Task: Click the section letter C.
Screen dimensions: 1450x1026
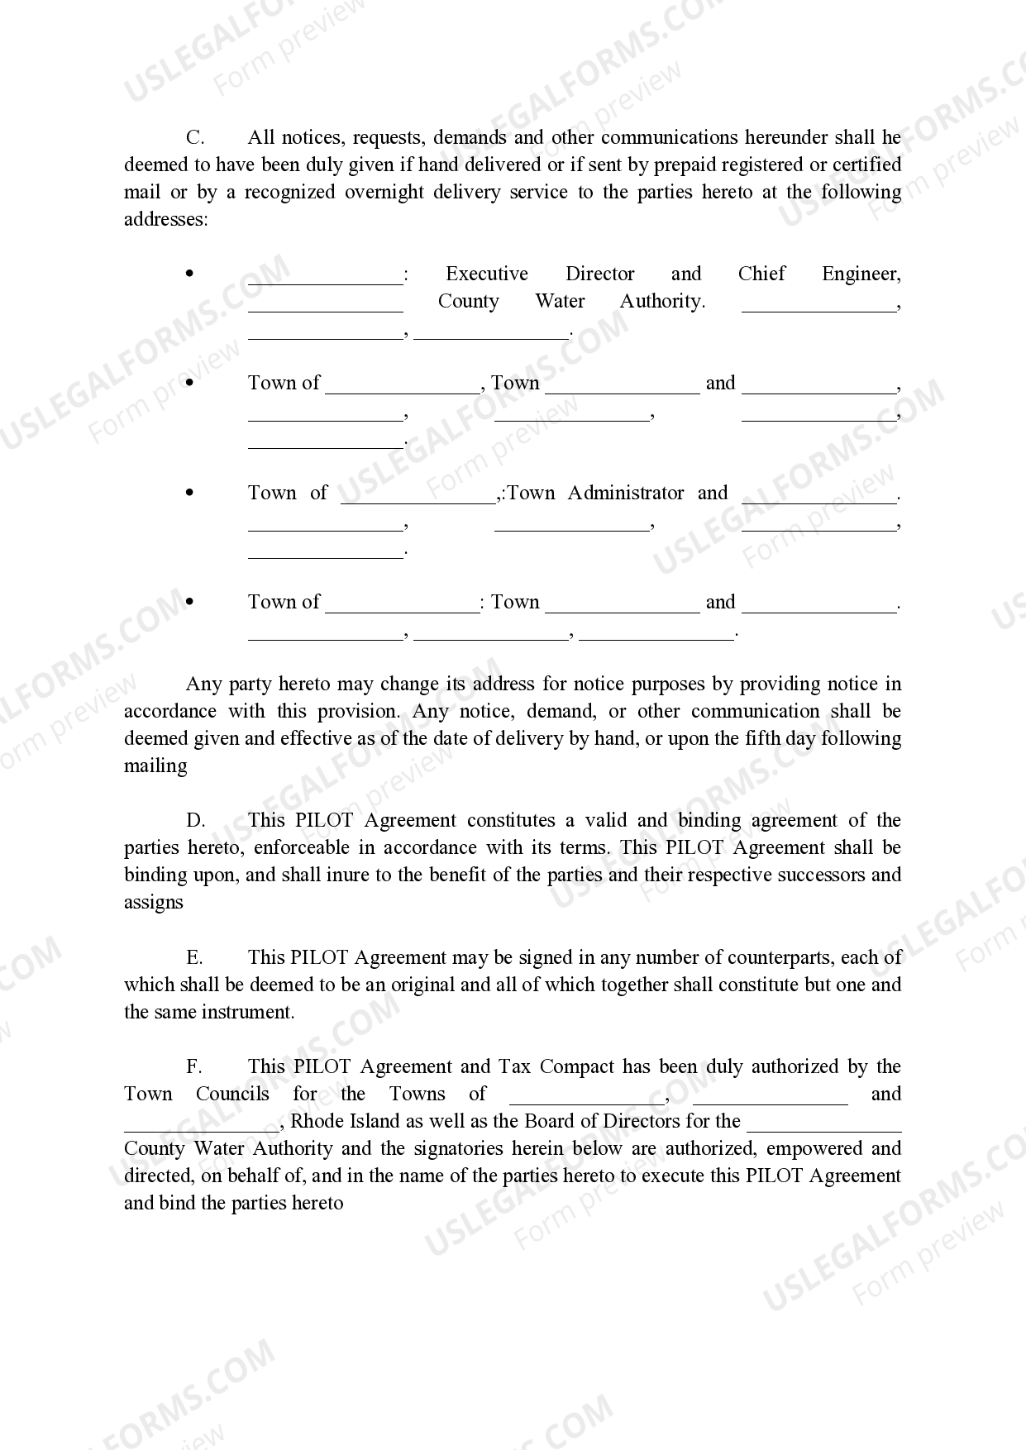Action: point(195,137)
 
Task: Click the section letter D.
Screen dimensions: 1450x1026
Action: point(195,820)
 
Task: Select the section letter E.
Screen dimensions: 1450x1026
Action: point(194,957)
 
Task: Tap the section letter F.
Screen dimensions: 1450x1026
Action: point(194,1066)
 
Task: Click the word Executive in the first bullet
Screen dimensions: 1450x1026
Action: point(486,274)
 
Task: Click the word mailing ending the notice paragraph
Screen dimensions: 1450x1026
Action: point(155,766)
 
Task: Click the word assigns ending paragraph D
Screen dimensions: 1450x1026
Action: point(154,903)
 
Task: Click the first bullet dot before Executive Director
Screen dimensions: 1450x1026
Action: point(190,273)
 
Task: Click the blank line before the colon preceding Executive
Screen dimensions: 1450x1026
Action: point(325,279)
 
